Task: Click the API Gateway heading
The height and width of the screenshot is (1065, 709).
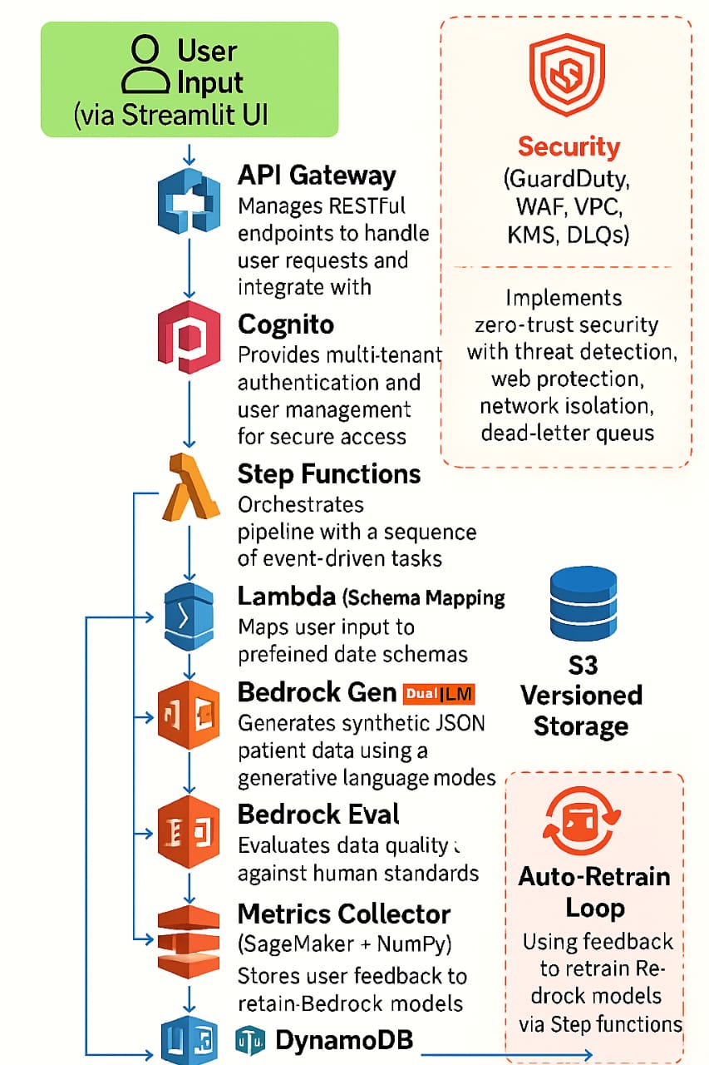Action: point(317,176)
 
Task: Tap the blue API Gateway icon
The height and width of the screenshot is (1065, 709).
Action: point(189,201)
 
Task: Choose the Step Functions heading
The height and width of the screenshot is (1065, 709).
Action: point(329,474)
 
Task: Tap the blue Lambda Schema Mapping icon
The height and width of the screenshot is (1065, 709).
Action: point(189,617)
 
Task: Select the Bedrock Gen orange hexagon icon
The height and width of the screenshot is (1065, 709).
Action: point(189,715)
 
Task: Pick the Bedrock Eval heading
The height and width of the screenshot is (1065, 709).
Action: point(318,814)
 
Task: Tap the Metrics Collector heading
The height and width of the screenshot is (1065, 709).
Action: point(344,914)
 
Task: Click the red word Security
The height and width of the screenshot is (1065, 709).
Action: point(569,147)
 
